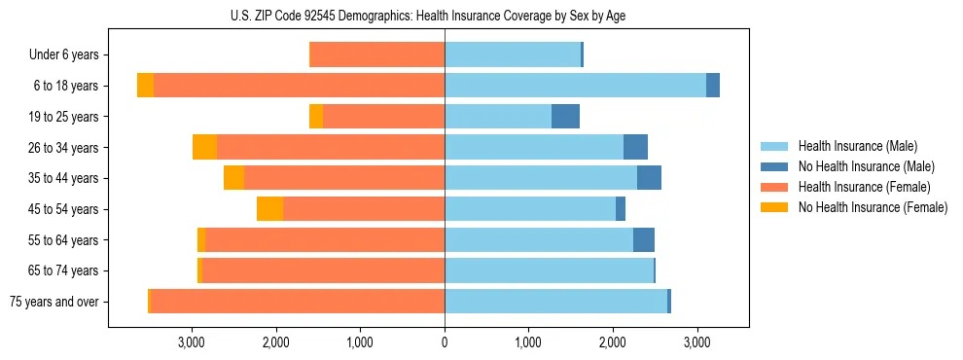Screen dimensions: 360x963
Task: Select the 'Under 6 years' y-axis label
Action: click(70, 55)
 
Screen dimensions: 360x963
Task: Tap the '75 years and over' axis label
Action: click(54, 302)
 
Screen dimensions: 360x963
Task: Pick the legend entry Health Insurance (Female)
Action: click(865, 187)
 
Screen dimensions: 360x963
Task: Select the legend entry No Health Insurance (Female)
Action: click(873, 207)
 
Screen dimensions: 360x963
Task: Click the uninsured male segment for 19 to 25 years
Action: click(565, 117)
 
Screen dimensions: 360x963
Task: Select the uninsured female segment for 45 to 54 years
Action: click(269, 209)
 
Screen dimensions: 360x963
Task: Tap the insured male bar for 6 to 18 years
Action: click(575, 86)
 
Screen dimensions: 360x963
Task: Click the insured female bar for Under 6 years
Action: click(376, 55)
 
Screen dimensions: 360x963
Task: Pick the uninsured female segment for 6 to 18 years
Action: click(145, 86)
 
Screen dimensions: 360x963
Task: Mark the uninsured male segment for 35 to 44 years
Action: click(649, 178)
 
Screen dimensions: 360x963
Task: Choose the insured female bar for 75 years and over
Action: click(298, 302)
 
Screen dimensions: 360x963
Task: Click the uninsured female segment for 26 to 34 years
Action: click(204, 147)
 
